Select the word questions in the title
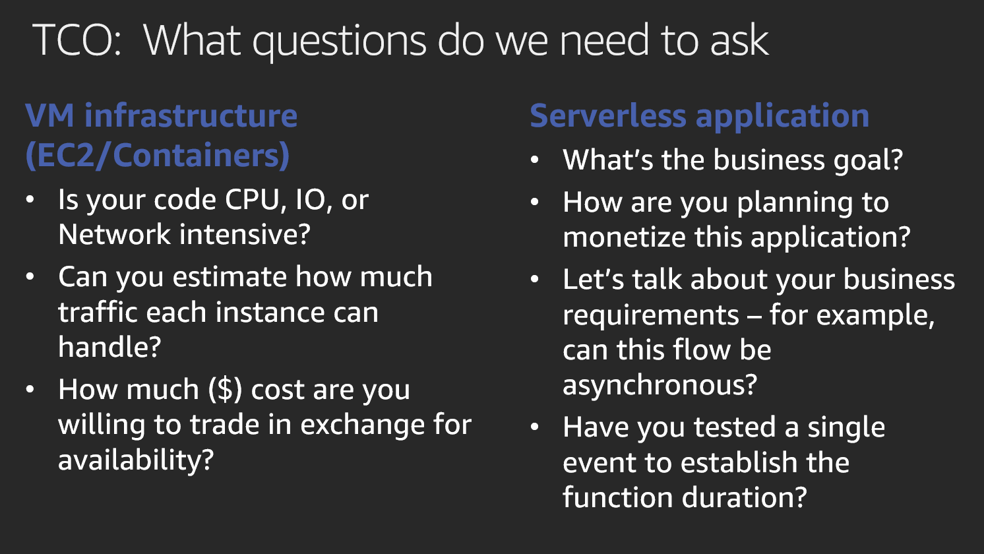click(x=339, y=43)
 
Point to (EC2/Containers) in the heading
click(x=158, y=155)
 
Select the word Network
click(x=114, y=234)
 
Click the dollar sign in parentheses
click(x=225, y=390)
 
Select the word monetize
click(x=625, y=237)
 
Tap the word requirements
click(x=650, y=316)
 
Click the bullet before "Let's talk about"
click(x=535, y=280)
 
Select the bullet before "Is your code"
click(x=30, y=200)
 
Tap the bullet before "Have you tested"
click(x=535, y=427)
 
